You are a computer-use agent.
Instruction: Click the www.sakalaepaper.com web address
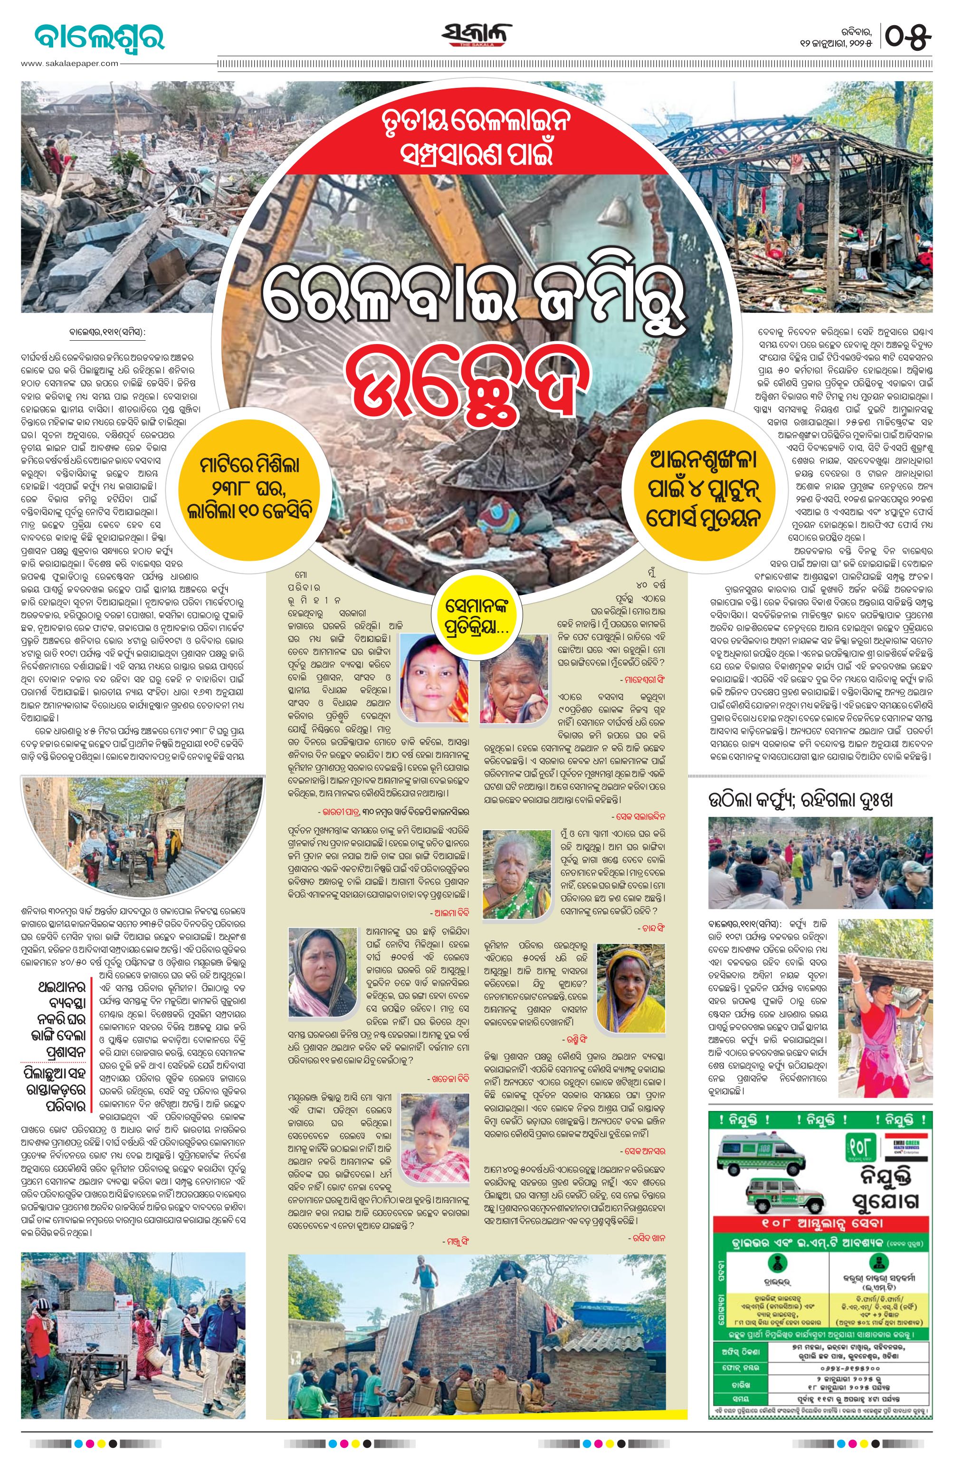69,63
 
